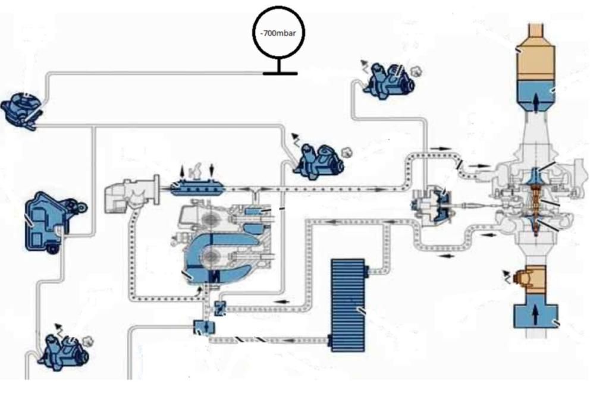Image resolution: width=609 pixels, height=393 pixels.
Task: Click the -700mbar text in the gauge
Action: click(x=278, y=34)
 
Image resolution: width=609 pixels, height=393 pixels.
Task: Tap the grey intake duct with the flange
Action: click(x=128, y=193)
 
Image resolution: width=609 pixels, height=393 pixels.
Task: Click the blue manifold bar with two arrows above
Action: click(x=197, y=189)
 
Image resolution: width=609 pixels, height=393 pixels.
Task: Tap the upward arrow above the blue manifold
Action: click(x=183, y=170)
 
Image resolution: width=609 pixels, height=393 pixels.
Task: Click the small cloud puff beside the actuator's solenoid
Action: click(x=416, y=72)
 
